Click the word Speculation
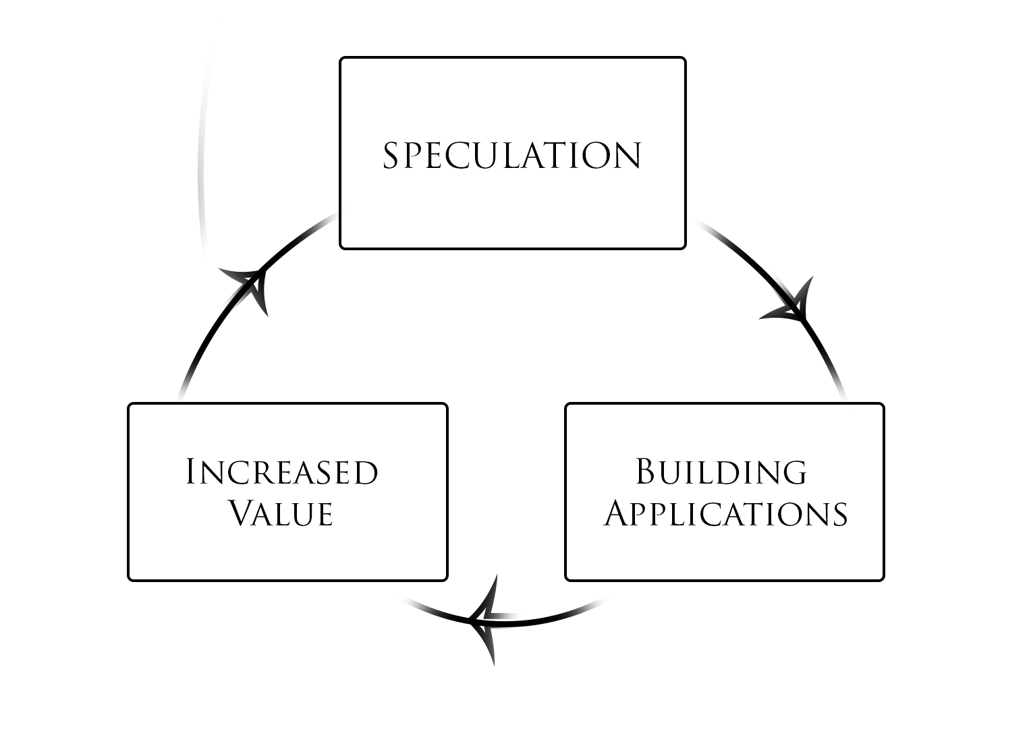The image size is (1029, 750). point(512,155)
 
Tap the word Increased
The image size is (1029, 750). point(281,471)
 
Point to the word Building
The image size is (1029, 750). point(721,471)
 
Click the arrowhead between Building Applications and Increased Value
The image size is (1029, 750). point(484,619)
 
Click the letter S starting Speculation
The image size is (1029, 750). point(390,155)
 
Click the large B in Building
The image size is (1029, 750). point(646,471)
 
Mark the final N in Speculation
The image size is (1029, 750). point(628,156)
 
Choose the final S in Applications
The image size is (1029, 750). point(840,515)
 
